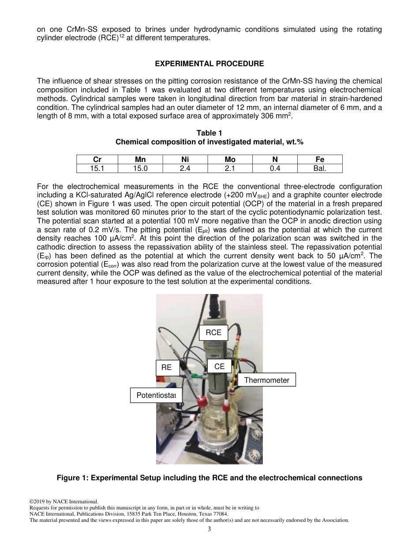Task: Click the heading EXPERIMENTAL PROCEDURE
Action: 209,64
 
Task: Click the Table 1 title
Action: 209,133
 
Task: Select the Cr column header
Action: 97,159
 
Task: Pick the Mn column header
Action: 140,159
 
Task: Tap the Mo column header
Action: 230,159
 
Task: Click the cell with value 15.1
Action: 97,168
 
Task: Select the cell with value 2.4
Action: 185,168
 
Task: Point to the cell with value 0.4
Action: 275,168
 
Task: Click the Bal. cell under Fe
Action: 320,168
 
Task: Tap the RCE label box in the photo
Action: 213,332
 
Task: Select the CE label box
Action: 219,366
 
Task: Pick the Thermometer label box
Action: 266,380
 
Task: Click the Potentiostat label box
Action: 156,395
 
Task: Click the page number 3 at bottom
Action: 209,529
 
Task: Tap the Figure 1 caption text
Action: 209,478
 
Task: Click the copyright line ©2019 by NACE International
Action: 63,502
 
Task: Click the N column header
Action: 275,159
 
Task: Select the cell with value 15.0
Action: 140,168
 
